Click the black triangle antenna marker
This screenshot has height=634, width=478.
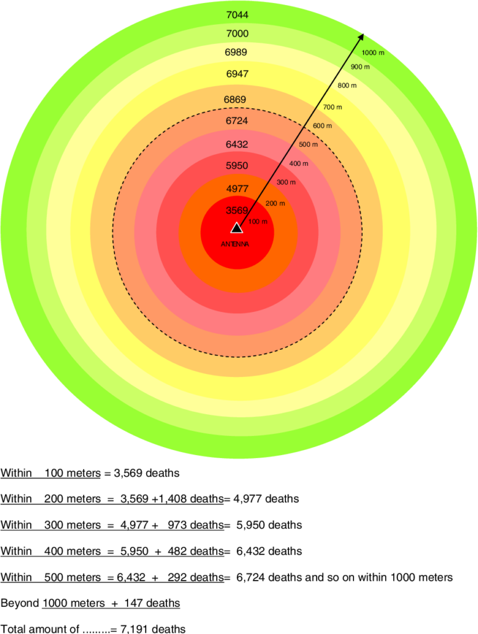click(237, 228)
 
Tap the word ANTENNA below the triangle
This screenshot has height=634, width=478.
click(236, 244)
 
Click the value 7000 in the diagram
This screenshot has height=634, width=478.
click(237, 33)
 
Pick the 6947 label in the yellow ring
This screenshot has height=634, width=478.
click(237, 74)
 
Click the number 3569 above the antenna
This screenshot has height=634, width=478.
click(237, 210)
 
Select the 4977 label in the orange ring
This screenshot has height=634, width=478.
click(237, 188)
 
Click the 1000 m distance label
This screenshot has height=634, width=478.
click(373, 53)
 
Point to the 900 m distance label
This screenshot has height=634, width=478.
click(360, 67)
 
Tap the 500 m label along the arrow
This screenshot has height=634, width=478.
click(308, 145)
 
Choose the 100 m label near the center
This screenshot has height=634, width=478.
click(258, 221)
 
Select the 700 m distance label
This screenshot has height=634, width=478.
click(332, 107)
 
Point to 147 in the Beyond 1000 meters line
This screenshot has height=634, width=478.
click(134, 603)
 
